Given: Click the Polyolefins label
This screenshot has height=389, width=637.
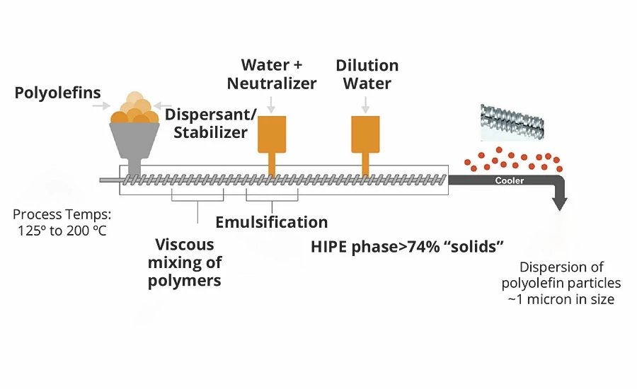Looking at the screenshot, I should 58,92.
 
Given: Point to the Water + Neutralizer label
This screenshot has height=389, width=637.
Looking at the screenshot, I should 272,74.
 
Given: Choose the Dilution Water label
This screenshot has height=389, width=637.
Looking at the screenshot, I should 367,74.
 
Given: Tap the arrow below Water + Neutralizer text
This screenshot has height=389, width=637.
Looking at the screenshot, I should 272,105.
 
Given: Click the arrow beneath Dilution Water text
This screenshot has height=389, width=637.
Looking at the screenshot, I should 366,105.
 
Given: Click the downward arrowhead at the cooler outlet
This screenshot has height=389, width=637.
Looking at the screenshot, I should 560,204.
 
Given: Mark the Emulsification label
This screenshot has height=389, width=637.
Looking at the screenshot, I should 272,223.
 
